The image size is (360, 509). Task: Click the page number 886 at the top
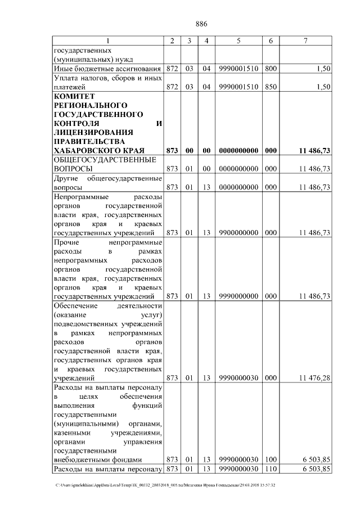coord(201,24)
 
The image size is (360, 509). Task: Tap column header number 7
coord(305,40)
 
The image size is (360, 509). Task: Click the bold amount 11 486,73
coord(314,150)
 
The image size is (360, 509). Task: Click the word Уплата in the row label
coord(67,78)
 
